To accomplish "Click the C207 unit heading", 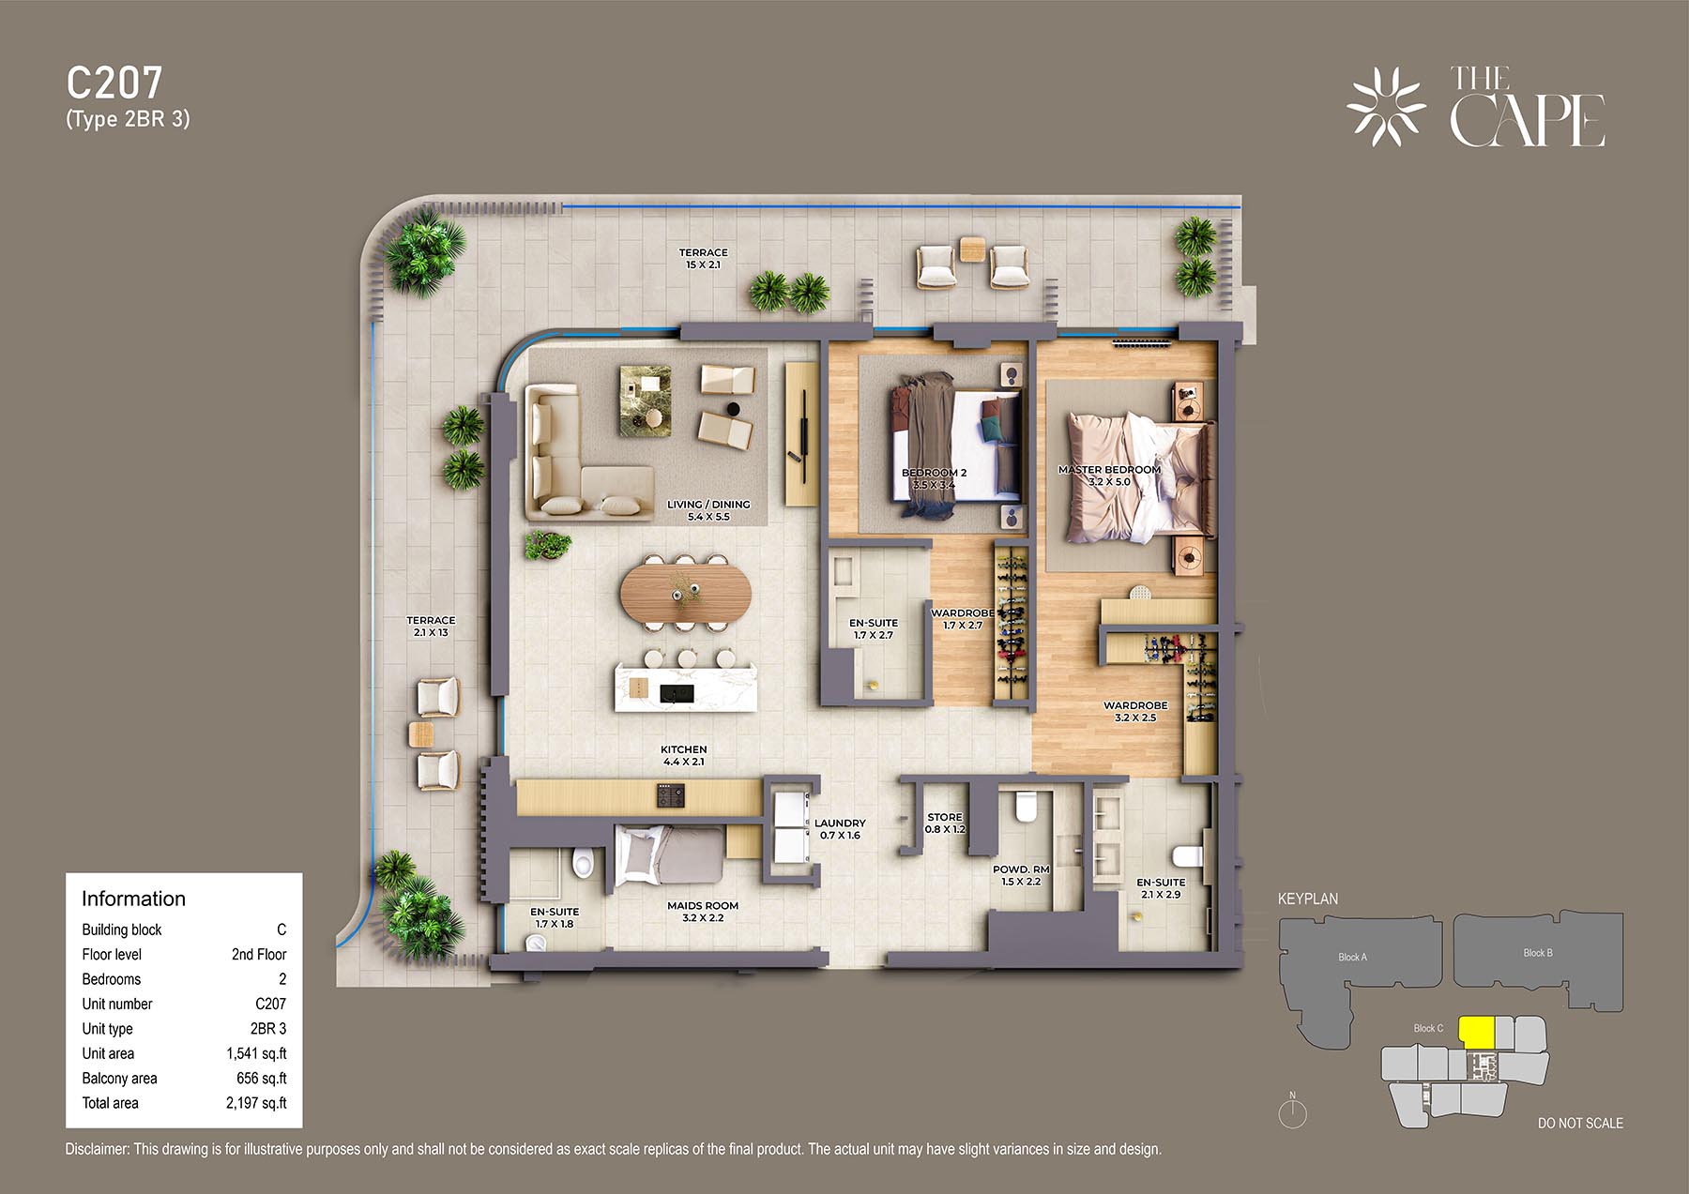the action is click(x=114, y=83).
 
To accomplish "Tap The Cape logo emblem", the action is click(x=1386, y=107).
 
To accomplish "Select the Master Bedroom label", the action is click(x=1109, y=476).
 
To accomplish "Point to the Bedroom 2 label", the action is click(x=934, y=478).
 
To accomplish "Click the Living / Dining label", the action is click(x=708, y=510).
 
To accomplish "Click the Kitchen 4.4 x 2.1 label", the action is click(x=684, y=755).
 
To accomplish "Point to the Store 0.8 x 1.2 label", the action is click(x=945, y=824).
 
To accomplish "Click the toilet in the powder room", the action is click(x=1026, y=807).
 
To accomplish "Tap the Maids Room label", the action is click(x=703, y=912).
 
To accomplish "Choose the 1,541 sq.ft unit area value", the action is click(x=256, y=1053).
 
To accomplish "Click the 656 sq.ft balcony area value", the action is click(x=262, y=1079).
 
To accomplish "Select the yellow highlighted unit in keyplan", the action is click(x=1477, y=1033).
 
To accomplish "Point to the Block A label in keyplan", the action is click(x=1352, y=957).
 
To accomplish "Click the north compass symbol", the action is click(x=1292, y=1111).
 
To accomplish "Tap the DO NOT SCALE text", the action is click(x=1580, y=1123).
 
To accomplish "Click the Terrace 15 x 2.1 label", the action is click(x=704, y=259).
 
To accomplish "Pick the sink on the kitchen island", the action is click(x=677, y=693).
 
